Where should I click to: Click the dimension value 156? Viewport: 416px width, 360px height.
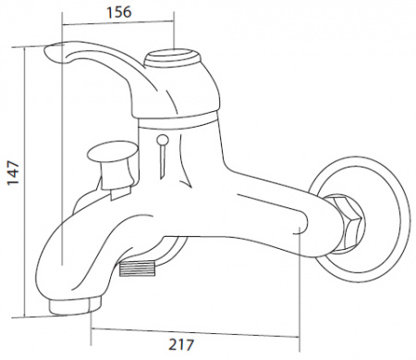pos(119,12)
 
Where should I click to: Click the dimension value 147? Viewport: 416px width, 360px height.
pos(13,172)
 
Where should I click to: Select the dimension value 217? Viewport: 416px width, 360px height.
pos(181,344)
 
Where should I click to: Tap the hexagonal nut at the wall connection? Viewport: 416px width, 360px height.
pos(348,223)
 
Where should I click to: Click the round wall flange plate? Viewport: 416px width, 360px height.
pos(404,219)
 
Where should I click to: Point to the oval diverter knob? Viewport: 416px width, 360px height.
pos(113,150)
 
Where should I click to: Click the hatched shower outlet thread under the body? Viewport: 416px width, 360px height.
pos(137,268)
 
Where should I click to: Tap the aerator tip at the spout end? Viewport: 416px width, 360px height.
pos(74,304)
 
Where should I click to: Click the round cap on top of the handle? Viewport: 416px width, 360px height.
pos(173,57)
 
